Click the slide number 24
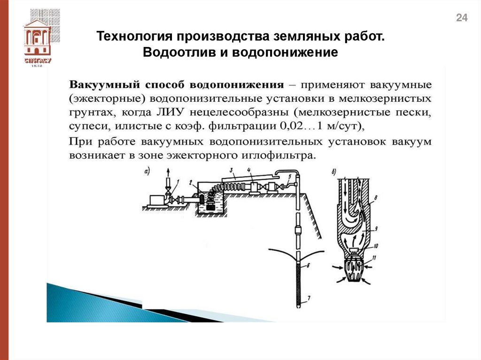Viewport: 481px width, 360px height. point(462,18)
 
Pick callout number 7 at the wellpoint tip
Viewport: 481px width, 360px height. point(308,299)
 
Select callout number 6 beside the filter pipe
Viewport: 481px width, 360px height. point(308,266)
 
